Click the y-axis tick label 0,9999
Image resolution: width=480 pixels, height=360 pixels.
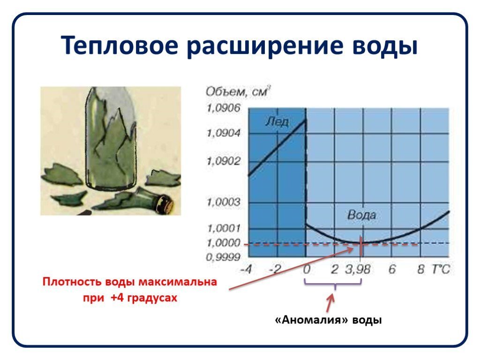(x=223, y=257)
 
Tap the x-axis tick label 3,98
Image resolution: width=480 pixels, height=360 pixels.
(x=358, y=270)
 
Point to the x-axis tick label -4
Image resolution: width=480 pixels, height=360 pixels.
(x=246, y=270)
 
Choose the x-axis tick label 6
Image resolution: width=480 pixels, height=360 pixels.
(x=392, y=270)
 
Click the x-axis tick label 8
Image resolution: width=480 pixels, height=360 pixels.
(x=421, y=270)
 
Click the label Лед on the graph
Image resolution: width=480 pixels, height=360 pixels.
(x=277, y=121)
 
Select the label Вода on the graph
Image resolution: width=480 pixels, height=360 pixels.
(x=361, y=215)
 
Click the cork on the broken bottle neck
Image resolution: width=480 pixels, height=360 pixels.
(x=165, y=205)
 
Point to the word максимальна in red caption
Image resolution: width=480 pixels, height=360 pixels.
(x=178, y=282)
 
